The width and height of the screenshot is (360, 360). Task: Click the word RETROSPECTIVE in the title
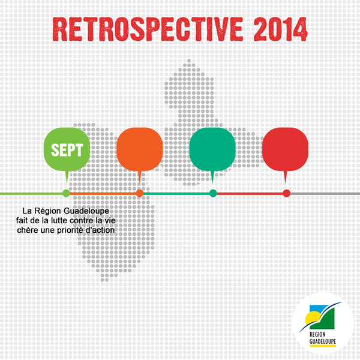(x=148, y=29)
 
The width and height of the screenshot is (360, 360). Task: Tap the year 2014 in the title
(x=280, y=29)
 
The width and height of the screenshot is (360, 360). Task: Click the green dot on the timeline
(x=67, y=193)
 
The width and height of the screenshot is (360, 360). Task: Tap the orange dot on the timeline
(x=140, y=193)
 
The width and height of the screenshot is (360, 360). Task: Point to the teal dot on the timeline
(x=213, y=193)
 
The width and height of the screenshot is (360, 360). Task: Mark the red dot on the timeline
(x=287, y=193)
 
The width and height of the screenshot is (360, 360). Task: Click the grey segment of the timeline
(x=325, y=194)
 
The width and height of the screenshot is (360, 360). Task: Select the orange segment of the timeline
(x=103, y=194)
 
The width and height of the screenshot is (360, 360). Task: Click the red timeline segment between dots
(x=250, y=194)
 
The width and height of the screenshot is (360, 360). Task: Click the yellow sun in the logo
(x=311, y=318)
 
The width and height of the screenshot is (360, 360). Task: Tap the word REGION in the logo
(x=317, y=334)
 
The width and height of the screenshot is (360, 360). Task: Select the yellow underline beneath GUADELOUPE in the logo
(x=323, y=346)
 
